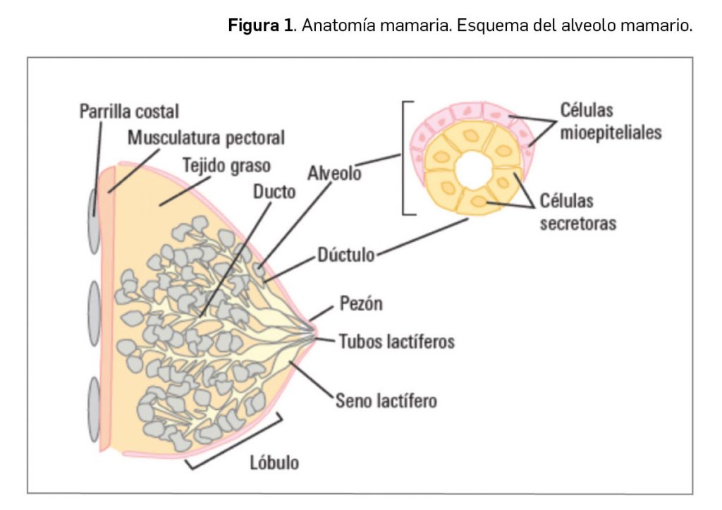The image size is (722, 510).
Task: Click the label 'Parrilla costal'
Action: [129, 111]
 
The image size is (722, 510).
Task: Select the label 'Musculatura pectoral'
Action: [206, 138]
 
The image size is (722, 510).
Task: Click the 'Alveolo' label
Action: [334, 173]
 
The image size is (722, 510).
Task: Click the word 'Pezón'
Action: [361, 305]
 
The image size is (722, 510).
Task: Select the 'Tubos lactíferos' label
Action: [396, 342]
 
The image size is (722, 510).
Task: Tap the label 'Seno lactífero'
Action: [386, 401]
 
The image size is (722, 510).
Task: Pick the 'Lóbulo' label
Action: [274, 463]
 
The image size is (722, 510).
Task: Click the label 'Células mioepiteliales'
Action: [611, 121]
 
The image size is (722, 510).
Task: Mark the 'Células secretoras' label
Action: [577, 212]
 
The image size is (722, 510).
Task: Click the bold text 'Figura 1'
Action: [258, 28]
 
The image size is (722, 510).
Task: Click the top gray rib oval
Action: [94, 221]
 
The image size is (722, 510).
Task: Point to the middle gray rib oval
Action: [94, 314]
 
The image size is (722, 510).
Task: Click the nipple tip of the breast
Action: [314, 331]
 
